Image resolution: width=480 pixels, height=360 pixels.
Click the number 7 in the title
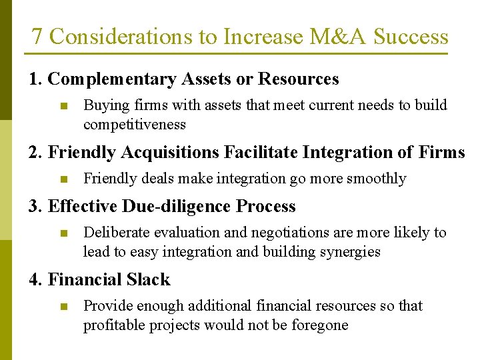[x=37, y=37]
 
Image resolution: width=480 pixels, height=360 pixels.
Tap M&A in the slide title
[x=335, y=37]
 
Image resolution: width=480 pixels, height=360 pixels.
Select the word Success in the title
[x=411, y=37]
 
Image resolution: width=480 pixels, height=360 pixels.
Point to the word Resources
[x=298, y=79]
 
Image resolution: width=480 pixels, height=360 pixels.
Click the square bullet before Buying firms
[x=63, y=106]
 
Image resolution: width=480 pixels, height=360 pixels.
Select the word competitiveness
[x=134, y=125]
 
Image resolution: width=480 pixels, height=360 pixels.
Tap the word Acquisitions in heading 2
[x=177, y=153]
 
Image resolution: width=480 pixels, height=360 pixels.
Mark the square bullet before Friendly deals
[x=63, y=179]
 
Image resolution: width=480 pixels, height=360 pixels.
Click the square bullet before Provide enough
[x=63, y=307]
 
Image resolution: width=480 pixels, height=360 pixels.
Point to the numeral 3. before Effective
[x=35, y=207]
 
